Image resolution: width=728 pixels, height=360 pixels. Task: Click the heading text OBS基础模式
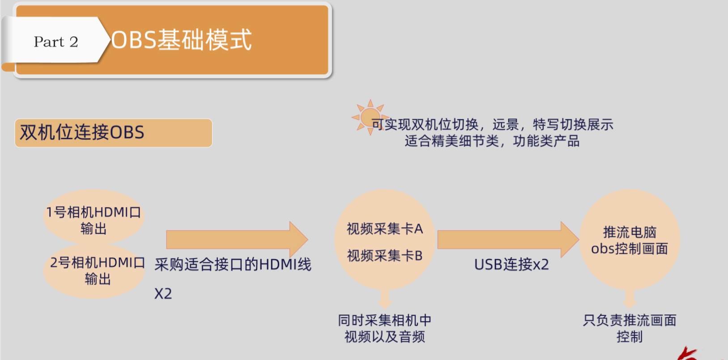coord(181,40)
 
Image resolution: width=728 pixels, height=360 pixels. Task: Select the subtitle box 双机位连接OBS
coord(113,133)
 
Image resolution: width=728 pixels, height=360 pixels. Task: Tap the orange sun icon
coord(370,117)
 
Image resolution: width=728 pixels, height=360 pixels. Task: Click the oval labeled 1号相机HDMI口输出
coord(94,216)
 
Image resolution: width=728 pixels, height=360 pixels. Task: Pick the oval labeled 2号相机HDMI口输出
coord(94,271)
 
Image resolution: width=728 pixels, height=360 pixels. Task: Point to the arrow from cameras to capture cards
coord(237,239)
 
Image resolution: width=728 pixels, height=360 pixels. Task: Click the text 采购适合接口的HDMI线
coord(233,264)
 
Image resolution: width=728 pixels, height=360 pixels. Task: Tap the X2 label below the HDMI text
coord(163,294)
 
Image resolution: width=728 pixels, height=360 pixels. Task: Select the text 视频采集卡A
coord(385,229)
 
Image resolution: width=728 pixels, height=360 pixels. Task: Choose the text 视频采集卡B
coord(385,256)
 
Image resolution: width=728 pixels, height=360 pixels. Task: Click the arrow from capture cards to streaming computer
coord(508,239)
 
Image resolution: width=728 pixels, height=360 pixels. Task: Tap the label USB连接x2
coord(511,264)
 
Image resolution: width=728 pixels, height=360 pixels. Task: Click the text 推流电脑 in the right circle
coord(630,232)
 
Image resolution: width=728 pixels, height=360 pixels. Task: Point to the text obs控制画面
coord(630,249)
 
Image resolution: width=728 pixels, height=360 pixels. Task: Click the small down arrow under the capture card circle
coord(385,299)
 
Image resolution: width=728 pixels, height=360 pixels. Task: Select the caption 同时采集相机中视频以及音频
coord(385,329)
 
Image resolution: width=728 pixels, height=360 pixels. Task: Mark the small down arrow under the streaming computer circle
coord(630,299)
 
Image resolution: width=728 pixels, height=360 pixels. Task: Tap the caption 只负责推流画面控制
coord(630,329)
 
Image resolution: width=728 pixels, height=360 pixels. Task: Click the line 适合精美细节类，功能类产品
coord(492,141)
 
